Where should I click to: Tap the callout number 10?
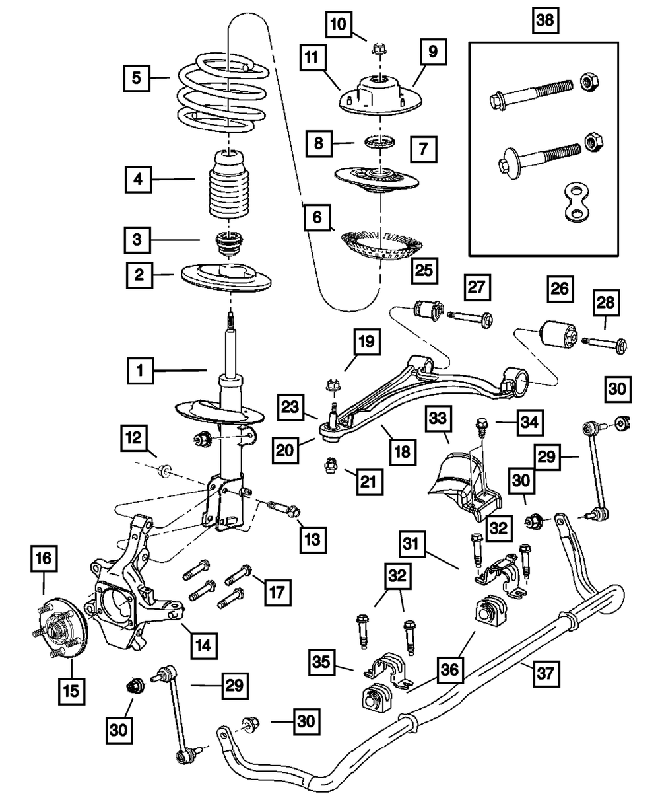point(338,25)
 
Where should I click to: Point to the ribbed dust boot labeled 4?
point(228,189)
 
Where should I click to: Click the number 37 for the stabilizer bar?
point(547,674)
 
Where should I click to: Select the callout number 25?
point(422,269)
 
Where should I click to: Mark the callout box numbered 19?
point(366,342)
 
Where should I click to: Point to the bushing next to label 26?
point(558,333)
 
